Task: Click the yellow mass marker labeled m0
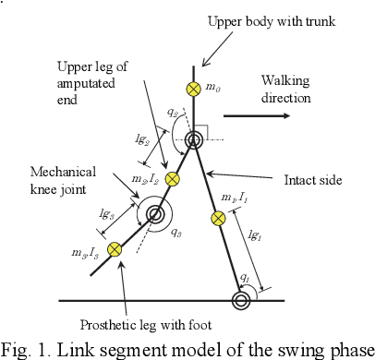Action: click(193, 89)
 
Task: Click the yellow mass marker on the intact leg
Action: click(219, 219)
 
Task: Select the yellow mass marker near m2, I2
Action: click(173, 178)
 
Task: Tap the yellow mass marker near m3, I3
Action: click(115, 248)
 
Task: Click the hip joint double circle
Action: click(194, 140)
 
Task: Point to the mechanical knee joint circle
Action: click(154, 214)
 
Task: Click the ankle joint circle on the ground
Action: click(242, 299)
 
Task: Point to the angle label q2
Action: click(173, 113)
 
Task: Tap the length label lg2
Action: click(141, 139)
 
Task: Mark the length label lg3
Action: click(106, 213)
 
